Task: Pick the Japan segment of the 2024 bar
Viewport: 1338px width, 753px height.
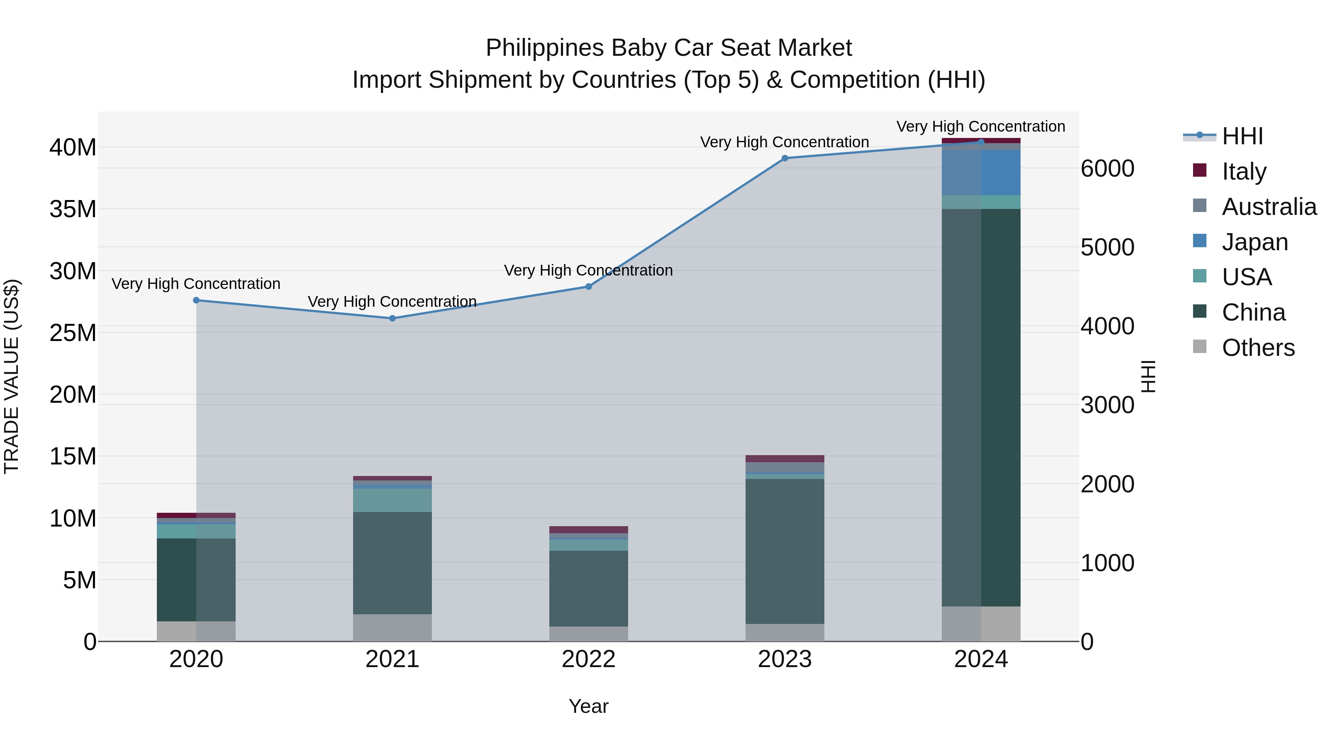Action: pos(981,173)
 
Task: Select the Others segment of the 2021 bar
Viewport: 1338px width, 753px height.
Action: pos(392,628)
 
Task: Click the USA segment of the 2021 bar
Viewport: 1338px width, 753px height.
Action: pos(392,500)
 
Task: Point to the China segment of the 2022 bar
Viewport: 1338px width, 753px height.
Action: pos(588,588)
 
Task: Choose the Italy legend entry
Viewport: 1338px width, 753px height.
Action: pos(1244,171)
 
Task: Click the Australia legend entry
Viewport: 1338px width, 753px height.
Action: pos(1268,206)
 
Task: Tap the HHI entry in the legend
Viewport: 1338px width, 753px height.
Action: pos(1241,136)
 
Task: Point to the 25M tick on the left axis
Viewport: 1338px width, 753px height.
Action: pos(73,332)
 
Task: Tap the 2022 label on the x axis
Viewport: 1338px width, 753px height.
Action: pos(588,659)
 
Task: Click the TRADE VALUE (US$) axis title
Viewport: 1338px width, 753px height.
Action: pos(12,376)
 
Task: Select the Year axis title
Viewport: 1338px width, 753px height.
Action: pos(588,706)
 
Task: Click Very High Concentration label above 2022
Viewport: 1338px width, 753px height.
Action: pos(588,270)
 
